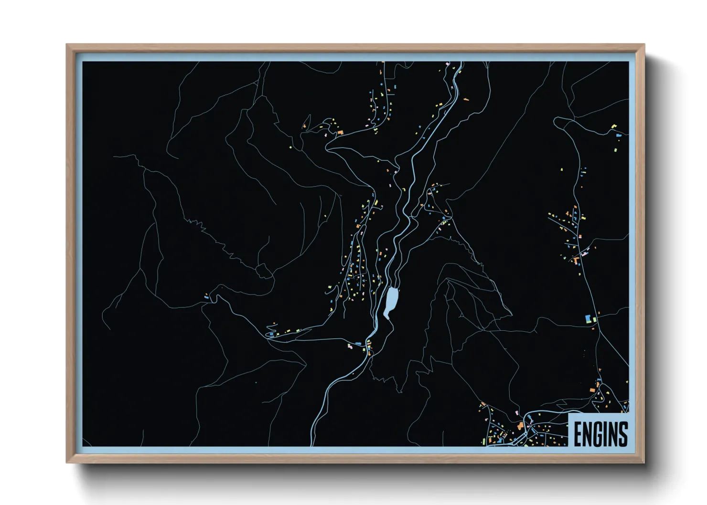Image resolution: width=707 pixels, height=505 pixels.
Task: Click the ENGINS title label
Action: click(x=600, y=433)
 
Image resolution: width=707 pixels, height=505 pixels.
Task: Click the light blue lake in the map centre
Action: click(x=392, y=301)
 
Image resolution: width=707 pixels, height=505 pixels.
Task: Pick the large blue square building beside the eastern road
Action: click(x=588, y=318)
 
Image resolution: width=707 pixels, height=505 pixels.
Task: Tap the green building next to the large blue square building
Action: click(x=595, y=319)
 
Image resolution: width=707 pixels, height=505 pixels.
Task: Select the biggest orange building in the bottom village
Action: click(x=520, y=425)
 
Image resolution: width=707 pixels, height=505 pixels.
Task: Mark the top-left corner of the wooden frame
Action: click(x=67, y=45)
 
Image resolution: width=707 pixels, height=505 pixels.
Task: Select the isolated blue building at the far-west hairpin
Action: click(x=207, y=297)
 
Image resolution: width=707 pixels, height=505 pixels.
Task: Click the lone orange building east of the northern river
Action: click(x=466, y=99)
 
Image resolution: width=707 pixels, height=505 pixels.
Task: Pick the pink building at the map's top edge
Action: click(x=447, y=63)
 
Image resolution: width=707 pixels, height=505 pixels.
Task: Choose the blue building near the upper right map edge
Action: click(x=619, y=136)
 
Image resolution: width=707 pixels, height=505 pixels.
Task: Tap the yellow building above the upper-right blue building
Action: click(x=614, y=126)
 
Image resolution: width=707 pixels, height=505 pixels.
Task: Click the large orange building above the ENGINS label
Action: click(x=592, y=390)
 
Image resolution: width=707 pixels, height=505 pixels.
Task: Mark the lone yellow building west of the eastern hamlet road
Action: click(x=562, y=169)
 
